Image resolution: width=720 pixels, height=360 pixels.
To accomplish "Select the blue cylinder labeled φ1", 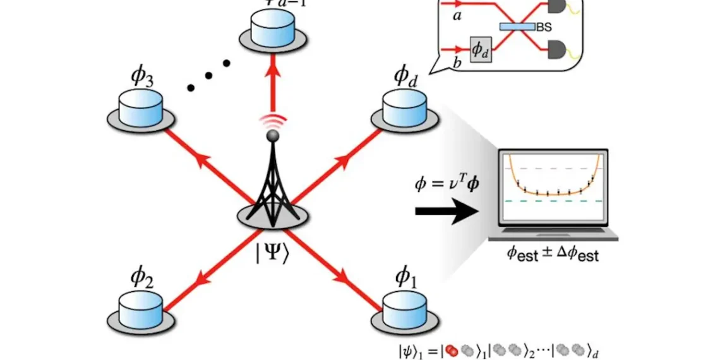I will pyautogui.click(x=405, y=308).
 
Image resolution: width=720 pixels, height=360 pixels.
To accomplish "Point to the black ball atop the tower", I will pyautogui.click(x=273, y=135).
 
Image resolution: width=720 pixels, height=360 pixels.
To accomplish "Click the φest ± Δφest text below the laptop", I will pyautogui.click(x=553, y=255).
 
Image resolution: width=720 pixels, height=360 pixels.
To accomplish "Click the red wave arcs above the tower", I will pyautogui.click(x=273, y=122).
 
